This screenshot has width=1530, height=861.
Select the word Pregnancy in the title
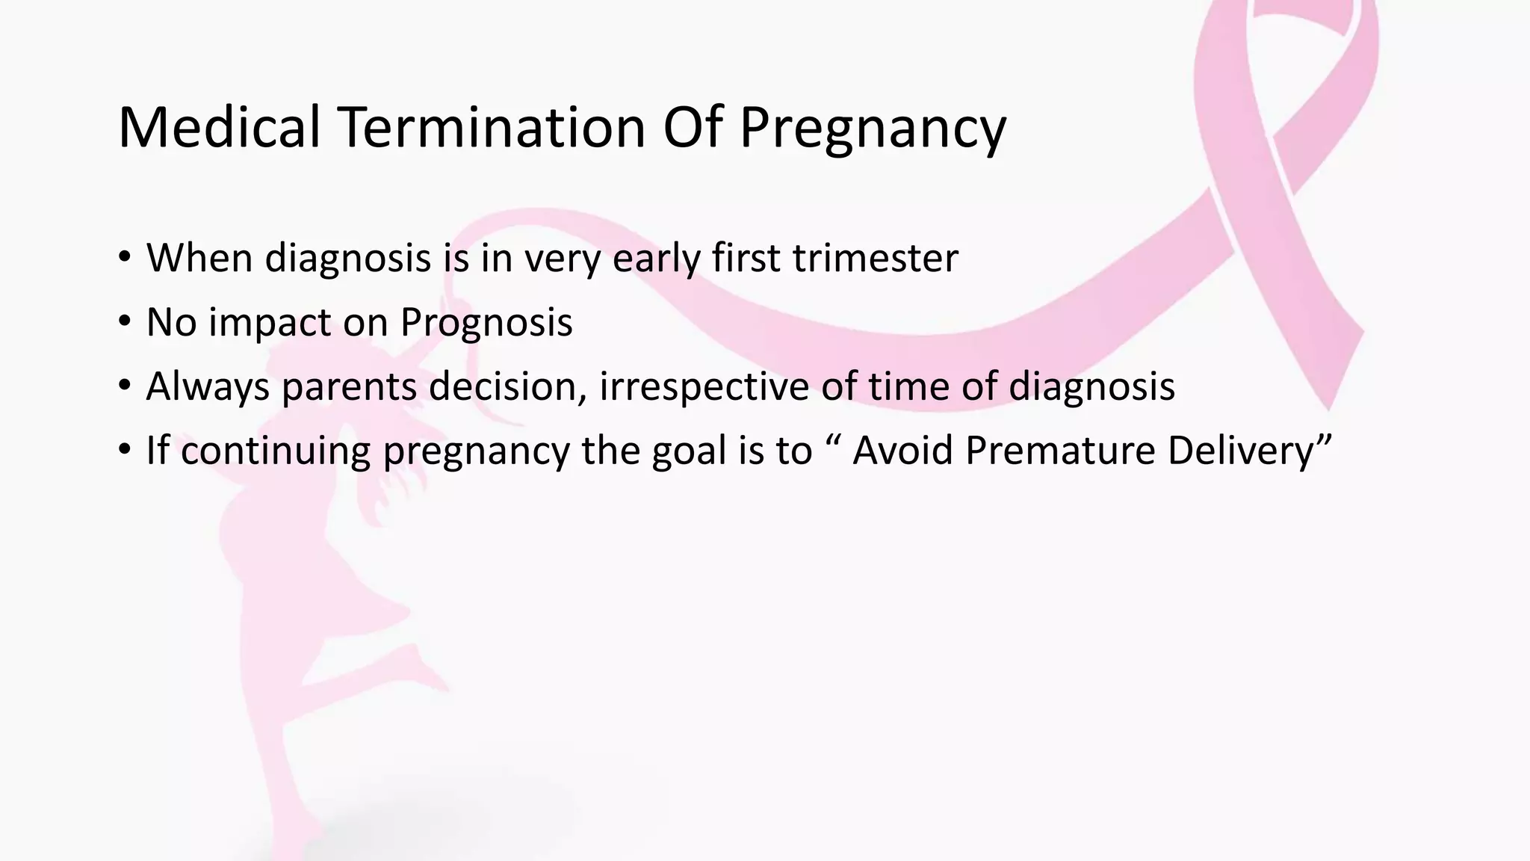pyautogui.click(x=872, y=129)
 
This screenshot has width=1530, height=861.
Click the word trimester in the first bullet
pyautogui.click(x=875, y=258)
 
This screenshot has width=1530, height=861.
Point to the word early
pyautogui.click(x=656, y=259)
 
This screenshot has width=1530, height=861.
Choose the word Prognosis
pyautogui.click(x=486, y=324)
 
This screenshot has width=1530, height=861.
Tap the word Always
pyautogui.click(x=208, y=387)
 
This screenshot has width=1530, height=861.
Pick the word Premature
pyautogui.click(x=1060, y=451)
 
